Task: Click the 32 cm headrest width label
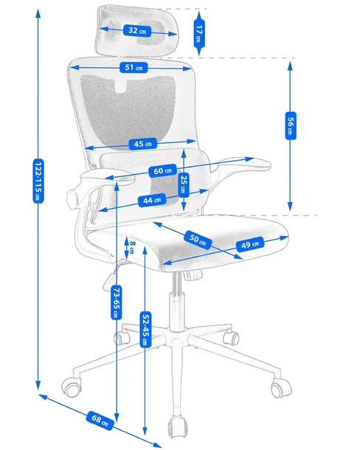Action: [x=137, y=31]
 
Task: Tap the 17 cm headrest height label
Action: [x=199, y=33]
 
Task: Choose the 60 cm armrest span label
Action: [x=164, y=171]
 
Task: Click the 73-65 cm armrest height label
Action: [x=116, y=303]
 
